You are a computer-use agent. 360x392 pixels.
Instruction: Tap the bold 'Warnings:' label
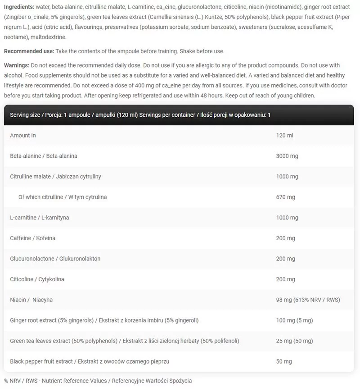coord(17,66)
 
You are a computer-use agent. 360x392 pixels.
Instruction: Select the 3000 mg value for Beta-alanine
coord(287,156)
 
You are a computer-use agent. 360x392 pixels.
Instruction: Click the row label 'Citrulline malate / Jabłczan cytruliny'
coord(55,177)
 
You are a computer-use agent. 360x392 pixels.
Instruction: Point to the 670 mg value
coord(285,197)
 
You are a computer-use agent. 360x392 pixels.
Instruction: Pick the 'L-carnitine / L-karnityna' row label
coord(40,218)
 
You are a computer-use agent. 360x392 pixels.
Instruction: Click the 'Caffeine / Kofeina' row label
coord(32,238)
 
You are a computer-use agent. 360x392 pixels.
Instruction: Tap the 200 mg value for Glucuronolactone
coord(285,259)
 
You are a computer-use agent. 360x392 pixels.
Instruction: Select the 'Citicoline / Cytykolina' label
coord(37,279)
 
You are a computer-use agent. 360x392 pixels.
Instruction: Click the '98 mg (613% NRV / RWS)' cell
coord(308,300)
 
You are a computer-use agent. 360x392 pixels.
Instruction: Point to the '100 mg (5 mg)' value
coord(294,320)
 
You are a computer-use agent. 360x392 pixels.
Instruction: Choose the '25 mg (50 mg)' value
coord(294,341)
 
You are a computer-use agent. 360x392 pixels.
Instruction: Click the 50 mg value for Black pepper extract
coord(284,361)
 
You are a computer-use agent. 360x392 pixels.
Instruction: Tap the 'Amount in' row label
coord(23,135)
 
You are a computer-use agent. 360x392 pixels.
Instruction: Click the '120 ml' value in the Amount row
coord(284,135)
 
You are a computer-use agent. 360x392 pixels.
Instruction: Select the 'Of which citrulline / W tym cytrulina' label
coord(63,197)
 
